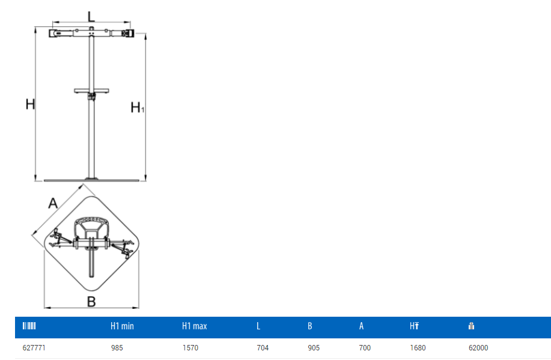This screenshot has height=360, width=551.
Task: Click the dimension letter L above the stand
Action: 91,17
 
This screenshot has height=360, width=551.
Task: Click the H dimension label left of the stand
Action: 30,104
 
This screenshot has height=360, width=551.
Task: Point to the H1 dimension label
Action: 137,107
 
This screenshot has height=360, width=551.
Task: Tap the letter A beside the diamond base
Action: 53,203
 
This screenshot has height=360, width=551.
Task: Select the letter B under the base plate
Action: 91,302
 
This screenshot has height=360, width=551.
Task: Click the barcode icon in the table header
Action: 29,326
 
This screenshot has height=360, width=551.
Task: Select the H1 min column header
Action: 122,326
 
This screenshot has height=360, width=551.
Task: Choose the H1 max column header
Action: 194,326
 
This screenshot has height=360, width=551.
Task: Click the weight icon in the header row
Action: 471,326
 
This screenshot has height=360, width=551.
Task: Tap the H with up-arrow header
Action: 415,326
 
